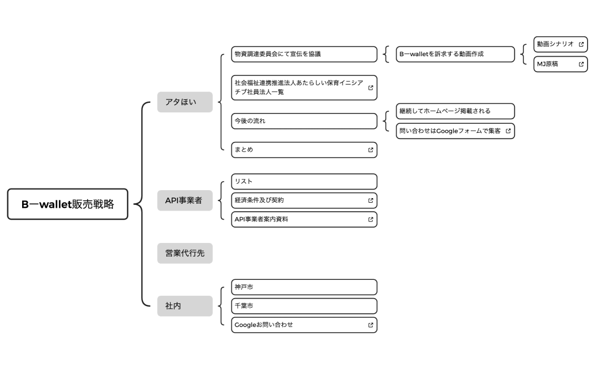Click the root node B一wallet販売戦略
tap(67, 204)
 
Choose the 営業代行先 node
tap(185, 253)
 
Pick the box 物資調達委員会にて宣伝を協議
tap(304, 54)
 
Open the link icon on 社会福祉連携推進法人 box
tap(370, 87)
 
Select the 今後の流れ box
tap(304, 121)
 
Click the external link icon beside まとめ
tap(370, 150)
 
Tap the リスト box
tap(304, 181)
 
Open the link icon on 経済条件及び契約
tap(370, 200)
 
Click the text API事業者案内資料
tap(261, 219)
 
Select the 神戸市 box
tap(304, 287)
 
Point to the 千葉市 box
tap(304, 306)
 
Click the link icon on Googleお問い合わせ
tap(370, 325)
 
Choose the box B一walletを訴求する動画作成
tap(455, 54)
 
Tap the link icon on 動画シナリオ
tap(581, 44)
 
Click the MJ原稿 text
tap(548, 64)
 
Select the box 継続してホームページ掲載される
tap(455, 111)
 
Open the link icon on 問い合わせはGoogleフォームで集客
tap(508, 131)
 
